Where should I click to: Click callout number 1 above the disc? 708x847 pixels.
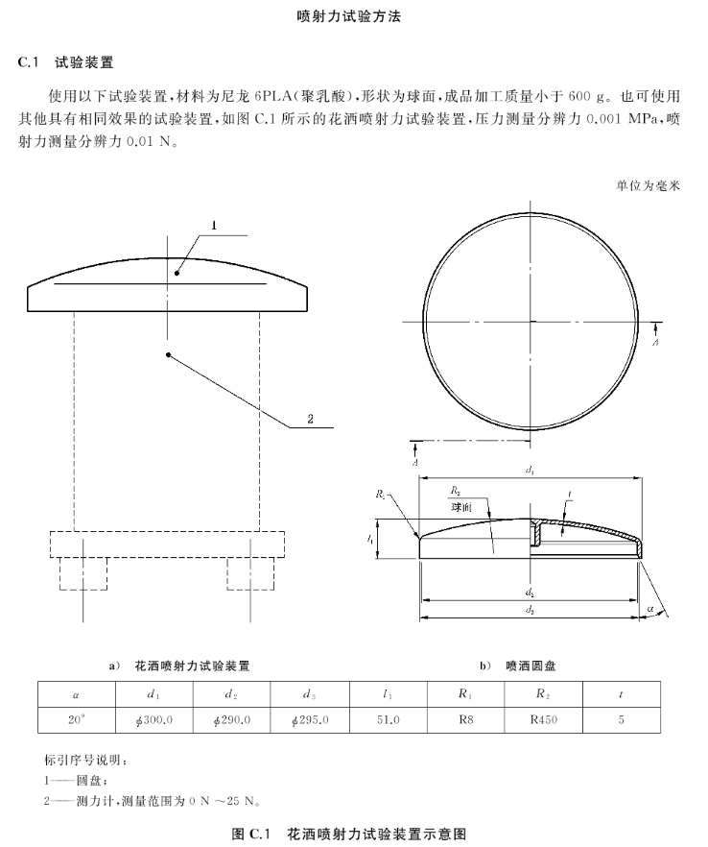(214, 225)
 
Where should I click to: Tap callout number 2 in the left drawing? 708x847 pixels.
(310, 418)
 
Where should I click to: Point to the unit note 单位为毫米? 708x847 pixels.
(648, 185)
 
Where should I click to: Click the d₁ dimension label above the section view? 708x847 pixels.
(531, 469)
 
